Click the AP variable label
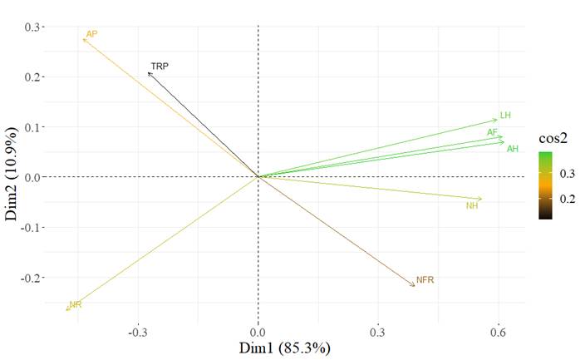[92, 34]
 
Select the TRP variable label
[160, 66]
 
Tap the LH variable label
[504, 116]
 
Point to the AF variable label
[492, 132]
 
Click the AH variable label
[513, 149]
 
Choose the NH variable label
[472, 205]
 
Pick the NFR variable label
[425, 280]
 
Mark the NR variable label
[76, 305]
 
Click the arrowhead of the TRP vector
[148, 73]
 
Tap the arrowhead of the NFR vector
[414, 286]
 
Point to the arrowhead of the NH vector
[481, 199]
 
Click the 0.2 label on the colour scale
[567, 200]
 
